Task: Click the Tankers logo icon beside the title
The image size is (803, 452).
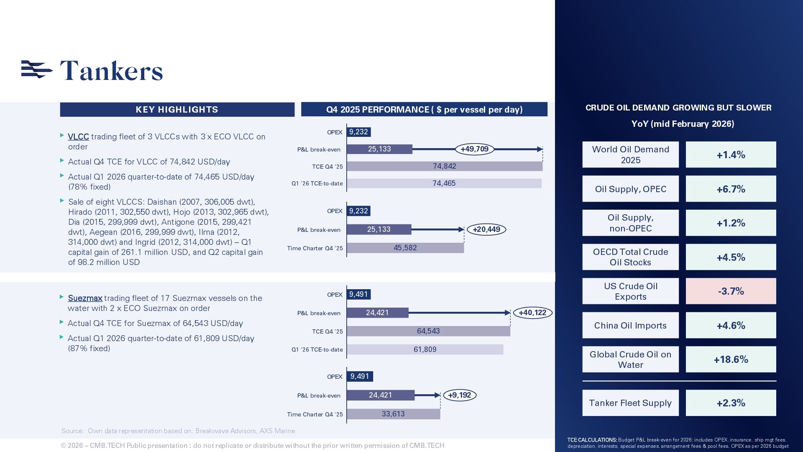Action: [36, 69]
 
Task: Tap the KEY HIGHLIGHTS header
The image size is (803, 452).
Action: [177, 110]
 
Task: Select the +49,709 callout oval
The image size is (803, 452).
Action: [474, 149]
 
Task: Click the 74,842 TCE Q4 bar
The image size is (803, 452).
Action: [444, 166]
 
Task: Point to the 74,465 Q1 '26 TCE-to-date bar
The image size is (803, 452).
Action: [444, 183]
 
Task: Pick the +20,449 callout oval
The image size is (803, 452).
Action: [486, 229]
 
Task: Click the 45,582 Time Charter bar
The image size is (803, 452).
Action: [405, 248]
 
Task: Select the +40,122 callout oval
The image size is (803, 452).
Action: [532, 313]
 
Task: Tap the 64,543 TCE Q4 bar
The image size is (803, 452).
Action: [428, 331]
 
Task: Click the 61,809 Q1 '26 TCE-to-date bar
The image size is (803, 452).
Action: [425, 349]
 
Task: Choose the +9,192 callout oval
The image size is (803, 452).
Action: [459, 395]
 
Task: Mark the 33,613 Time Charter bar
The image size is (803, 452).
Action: [393, 414]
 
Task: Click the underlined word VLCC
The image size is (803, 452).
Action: [78, 137]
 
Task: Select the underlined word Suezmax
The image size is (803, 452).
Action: [85, 298]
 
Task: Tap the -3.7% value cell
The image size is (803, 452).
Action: [731, 291]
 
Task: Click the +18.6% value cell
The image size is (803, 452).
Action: [731, 360]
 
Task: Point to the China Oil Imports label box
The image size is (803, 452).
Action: [630, 326]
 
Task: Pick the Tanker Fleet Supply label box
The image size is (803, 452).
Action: [630, 403]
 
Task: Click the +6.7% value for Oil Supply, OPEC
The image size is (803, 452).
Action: [731, 189]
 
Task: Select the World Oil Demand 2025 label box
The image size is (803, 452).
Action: [630, 155]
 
